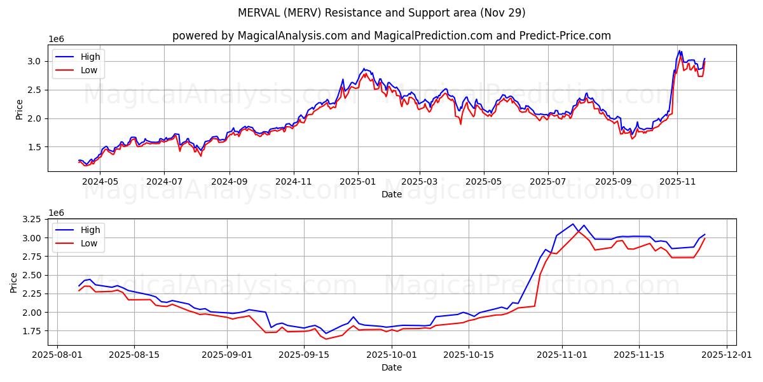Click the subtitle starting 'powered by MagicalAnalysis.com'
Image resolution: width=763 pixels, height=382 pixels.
[391, 36]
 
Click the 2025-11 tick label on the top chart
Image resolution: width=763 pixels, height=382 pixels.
[677, 181]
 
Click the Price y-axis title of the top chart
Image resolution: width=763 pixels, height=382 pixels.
[19, 109]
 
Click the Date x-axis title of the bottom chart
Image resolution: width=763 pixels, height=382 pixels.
[391, 367]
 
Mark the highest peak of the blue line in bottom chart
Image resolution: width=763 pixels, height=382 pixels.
[573, 223]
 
